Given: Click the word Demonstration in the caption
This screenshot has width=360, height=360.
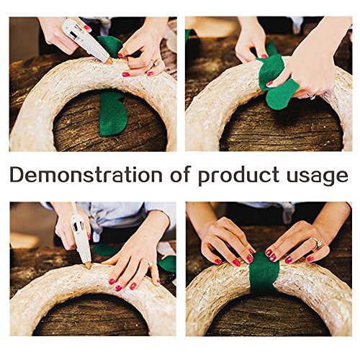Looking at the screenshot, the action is (x=86, y=174).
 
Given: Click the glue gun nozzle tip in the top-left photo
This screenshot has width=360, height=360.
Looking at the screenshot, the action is (x=109, y=62).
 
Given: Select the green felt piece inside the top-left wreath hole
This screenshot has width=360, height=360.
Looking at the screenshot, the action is (x=112, y=113).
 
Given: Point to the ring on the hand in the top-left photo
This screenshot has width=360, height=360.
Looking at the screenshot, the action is (x=155, y=63).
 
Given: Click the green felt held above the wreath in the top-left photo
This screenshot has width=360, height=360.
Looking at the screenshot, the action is (x=110, y=46).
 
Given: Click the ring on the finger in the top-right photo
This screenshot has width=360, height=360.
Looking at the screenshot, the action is (x=311, y=96).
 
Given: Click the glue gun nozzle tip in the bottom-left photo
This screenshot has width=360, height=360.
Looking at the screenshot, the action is (x=89, y=266).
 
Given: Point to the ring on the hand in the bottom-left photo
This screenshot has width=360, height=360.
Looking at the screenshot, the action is (x=149, y=263).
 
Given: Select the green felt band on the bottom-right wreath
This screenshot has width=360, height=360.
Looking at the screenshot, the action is (x=264, y=272).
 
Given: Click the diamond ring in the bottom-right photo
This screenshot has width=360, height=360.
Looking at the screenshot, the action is (x=318, y=243).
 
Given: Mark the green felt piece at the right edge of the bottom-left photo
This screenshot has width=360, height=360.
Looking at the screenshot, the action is (x=168, y=264).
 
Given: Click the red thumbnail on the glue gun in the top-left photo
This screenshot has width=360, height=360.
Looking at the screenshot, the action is (x=87, y=28).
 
